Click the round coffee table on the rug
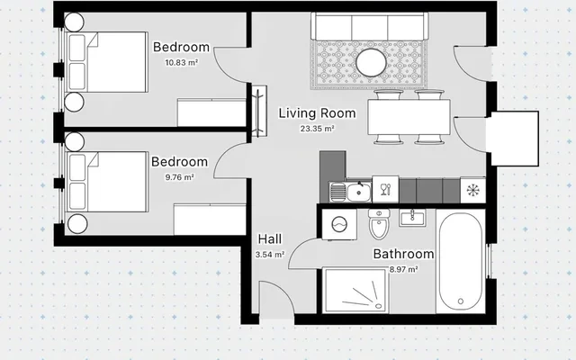(x=372, y=62)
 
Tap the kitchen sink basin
(x=359, y=192)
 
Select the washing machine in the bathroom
(x=339, y=224)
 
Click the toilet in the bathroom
(x=379, y=224)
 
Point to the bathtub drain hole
(x=461, y=301)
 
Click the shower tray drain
(x=378, y=305)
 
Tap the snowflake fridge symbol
(x=472, y=190)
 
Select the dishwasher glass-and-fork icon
(x=385, y=190)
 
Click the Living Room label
(x=317, y=113)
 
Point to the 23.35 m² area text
(x=318, y=129)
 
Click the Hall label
(x=270, y=239)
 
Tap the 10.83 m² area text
(x=182, y=62)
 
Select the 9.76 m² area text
(x=179, y=177)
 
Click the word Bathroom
(x=403, y=254)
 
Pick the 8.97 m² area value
(x=403, y=269)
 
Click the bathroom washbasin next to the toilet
(x=412, y=218)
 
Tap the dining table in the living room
(x=409, y=118)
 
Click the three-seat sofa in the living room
(x=370, y=26)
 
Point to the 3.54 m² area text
(x=270, y=255)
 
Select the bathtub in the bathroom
(x=461, y=262)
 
